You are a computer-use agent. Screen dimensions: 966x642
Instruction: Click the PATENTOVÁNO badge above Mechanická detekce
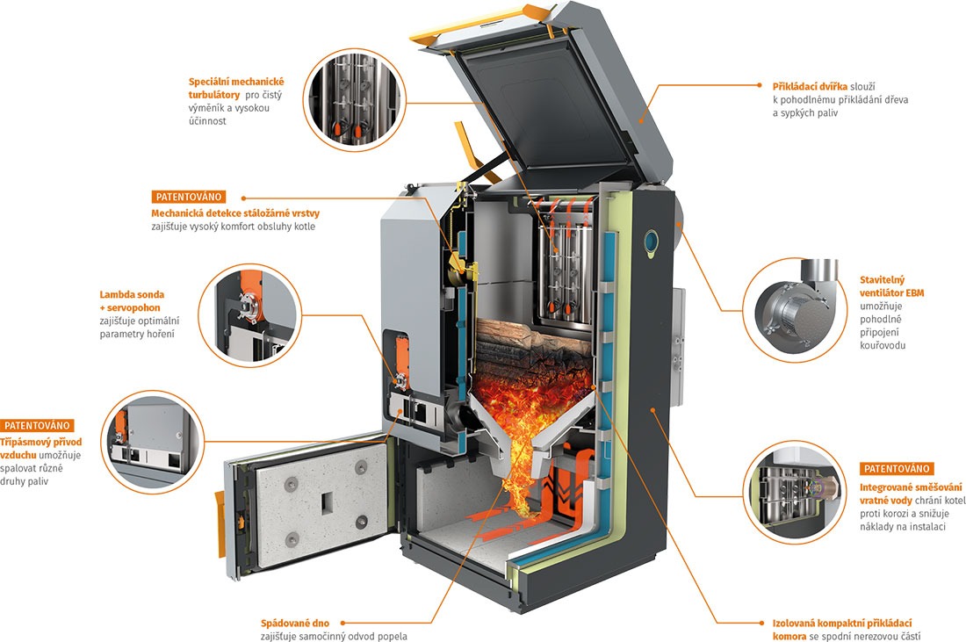pos(189,197)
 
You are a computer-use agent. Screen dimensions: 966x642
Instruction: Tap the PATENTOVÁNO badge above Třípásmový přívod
pos(37,426)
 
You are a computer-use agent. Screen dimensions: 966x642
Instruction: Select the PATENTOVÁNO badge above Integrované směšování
pos(897,469)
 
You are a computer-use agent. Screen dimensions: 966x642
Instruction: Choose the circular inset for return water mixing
pos(795,493)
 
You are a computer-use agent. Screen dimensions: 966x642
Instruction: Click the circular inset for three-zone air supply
pos(152,442)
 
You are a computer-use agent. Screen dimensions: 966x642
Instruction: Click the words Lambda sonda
pos(132,294)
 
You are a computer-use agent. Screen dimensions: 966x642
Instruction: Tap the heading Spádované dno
pos(294,623)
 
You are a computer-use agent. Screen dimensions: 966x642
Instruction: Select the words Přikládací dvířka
pos(810,86)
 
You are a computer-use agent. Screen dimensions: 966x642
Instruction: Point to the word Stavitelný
pos(883,279)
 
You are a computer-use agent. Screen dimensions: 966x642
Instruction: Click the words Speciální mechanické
pos(236,82)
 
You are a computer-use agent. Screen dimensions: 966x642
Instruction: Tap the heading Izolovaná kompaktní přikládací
pos(842,623)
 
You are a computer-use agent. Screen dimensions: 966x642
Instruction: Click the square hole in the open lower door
pos(325,502)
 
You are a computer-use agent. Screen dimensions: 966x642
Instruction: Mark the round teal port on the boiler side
pos(652,241)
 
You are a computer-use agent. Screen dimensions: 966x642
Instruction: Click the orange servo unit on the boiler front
pos(401,360)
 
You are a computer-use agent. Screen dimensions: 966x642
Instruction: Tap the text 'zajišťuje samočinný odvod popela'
pos(334,637)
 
